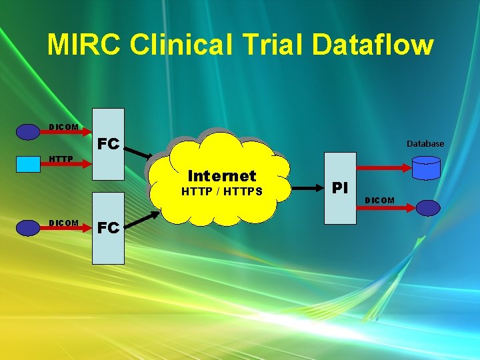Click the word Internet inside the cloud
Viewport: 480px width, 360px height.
[x=222, y=176]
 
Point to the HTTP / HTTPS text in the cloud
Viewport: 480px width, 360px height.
[x=222, y=192]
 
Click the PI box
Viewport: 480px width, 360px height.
[x=340, y=188]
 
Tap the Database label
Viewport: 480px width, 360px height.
[x=425, y=143]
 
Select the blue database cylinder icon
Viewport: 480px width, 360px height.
[x=426, y=169]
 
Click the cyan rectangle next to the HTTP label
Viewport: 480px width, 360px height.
[x=28, y=164]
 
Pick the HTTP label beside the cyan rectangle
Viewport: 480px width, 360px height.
[x=61, y=159]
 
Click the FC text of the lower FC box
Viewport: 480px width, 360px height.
[x=108, y=227]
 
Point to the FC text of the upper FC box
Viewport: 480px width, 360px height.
[x=108, y=144]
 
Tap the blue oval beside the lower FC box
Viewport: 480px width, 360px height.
[x=28, y=228]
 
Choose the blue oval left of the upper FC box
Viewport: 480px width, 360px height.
[x=28, y=132]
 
